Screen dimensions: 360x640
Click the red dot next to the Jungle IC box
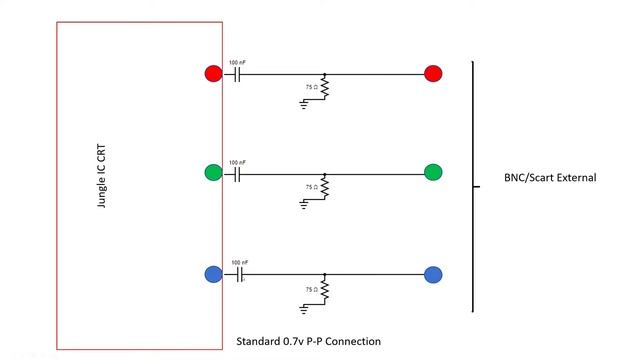[213, 73]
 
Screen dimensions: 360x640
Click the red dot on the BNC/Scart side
[433, 73]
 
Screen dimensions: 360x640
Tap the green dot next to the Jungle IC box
[213, 172]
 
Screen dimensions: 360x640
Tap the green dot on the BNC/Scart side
[433, 172]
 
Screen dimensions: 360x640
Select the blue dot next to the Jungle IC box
[213, 274]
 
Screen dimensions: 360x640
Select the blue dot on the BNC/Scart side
[433, 274]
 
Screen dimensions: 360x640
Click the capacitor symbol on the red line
[237, 74]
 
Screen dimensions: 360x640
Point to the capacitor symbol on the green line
[237, 173]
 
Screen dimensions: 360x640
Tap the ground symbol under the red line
[304, 104]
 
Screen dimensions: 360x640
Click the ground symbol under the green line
[304, 203]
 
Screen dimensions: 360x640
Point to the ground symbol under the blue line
[304, 305]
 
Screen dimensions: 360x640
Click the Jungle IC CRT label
[101, 176]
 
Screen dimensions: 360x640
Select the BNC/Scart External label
[550, 178]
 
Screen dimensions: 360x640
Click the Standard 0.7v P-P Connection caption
[308, 341]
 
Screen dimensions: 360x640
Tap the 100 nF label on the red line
[237, 62]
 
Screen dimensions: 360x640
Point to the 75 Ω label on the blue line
[311, 289]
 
